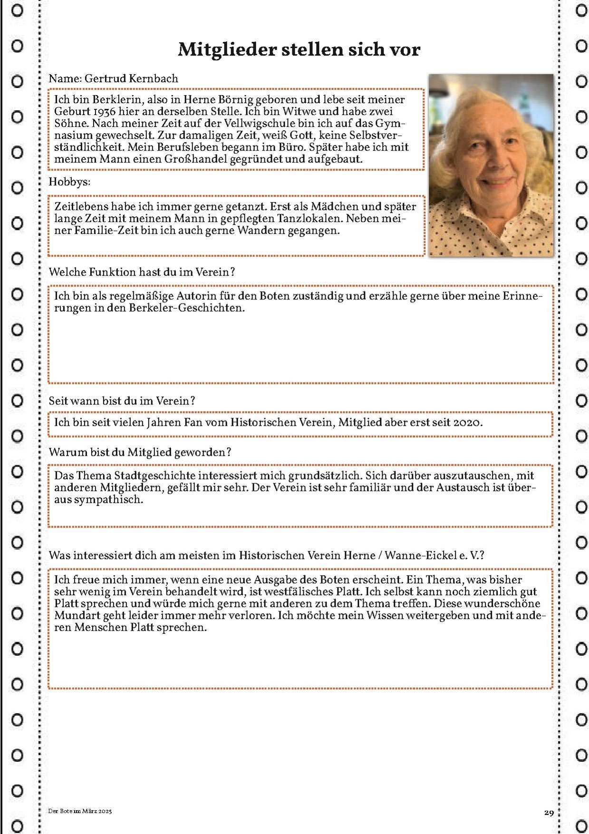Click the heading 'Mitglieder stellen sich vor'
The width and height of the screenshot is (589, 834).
pos(299,49)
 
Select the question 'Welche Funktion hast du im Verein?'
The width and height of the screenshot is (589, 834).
pos(142,272)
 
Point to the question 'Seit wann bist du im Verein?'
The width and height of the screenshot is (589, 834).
pos(122,401)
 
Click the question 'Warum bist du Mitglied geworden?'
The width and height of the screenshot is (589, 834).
pos(140,452)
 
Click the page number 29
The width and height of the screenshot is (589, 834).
pos(549,813)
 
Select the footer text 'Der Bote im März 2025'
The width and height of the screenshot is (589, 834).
pos(80,811)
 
